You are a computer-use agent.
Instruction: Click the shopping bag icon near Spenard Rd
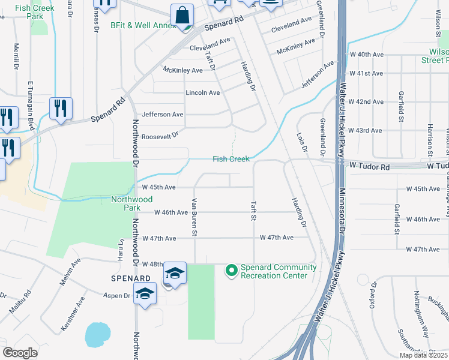click(182, 14)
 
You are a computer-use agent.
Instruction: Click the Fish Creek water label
click(231, 159)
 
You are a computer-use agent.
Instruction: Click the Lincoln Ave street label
click(203, 93)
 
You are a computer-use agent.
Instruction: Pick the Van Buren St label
click(194, 217)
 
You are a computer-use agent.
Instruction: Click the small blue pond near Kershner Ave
click(97, 335)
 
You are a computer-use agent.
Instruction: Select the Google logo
click(20, 353)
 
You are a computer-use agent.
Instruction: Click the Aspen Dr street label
click(119, 296)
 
